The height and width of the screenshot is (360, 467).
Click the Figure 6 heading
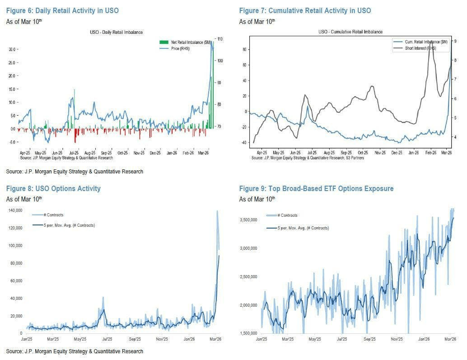[x=62, y=10]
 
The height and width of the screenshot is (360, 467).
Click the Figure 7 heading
[x=305, y=10]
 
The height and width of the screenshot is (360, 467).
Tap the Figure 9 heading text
[x=316, y=188]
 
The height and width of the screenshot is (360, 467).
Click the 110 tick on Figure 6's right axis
[x=220, y=39]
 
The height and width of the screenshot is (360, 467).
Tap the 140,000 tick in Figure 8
[x=15, y=210]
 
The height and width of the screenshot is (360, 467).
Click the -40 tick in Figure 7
[x=245, y=143]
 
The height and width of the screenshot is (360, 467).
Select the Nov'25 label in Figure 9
[x=397, y=338]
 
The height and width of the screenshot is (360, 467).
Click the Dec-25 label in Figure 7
[x=397, y=153]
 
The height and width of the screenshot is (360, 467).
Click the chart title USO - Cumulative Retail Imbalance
[x=350, y=32]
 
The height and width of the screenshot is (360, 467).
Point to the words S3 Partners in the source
[x=353, y=158]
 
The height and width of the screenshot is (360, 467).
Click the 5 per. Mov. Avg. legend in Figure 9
[x=303, y=228]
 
